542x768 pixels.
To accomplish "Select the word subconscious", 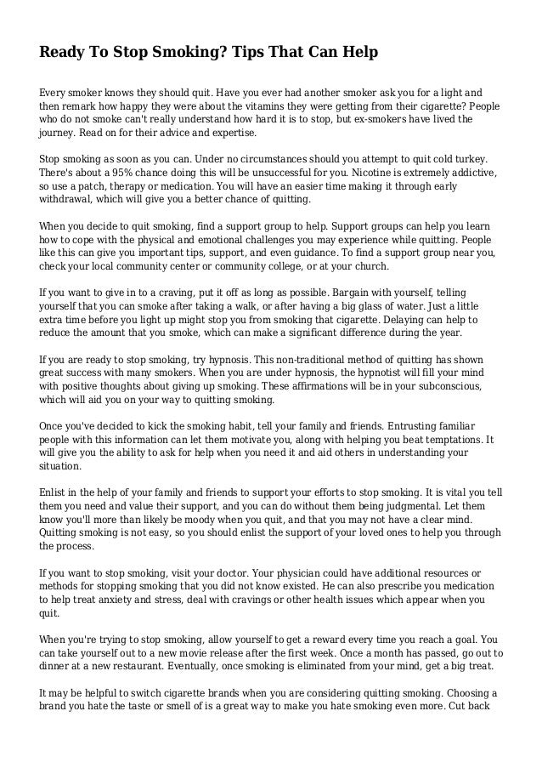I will [x=442, y=384].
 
